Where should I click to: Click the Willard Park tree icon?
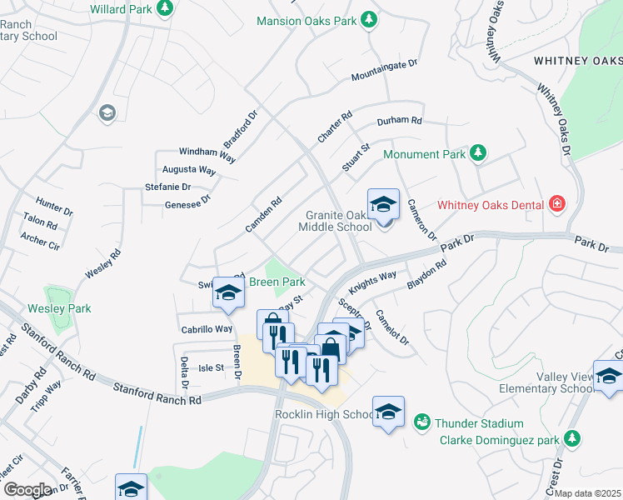tap(166, 7)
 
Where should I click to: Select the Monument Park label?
tap(424, 154)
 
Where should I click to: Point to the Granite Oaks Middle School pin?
tap(383, 204)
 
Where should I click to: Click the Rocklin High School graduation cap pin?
tap(388, 412)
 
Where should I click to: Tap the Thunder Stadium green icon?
tap(422, 423)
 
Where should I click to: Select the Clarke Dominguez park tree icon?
tap(571, 437)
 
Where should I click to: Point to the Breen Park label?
tap(277, 282)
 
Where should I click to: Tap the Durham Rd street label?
tap(400, 122)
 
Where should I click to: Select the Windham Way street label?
tap(208, 152)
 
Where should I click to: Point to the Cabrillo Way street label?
tap(207, 328)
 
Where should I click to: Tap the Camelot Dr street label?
tap(392, 327)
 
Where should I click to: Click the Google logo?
tap(27, 490)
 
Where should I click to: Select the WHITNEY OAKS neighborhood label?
tap(577, 61)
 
